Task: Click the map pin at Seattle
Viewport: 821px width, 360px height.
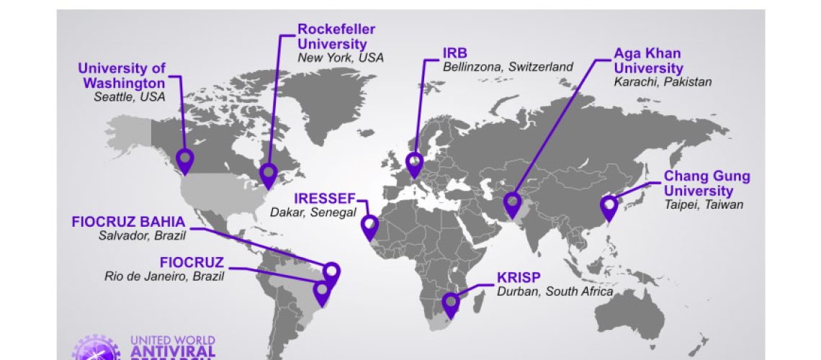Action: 186,160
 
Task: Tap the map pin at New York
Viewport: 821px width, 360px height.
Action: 269,174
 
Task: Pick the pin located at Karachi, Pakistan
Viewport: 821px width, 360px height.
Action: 513,204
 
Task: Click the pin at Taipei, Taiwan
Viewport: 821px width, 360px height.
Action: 609,207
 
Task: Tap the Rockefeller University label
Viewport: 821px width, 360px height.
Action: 336,36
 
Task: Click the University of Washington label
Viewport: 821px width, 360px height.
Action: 122,76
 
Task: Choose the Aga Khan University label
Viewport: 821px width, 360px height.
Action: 647,60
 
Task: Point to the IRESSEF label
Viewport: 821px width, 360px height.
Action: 325,199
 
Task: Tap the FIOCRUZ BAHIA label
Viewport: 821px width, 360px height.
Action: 128,222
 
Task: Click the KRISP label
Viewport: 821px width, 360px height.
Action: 517,278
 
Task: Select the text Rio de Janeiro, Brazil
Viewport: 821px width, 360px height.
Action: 164,276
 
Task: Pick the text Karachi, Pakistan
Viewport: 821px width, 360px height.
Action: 662,81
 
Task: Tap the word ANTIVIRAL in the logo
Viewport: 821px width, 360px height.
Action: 172,351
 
